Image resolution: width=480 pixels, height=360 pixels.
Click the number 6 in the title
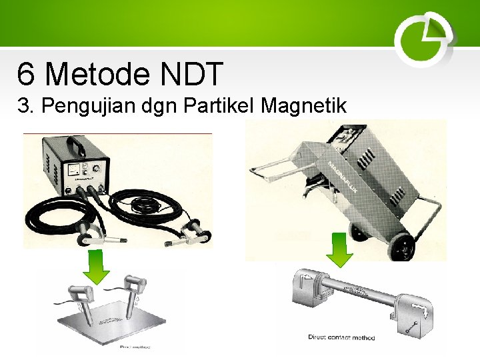pyautogui.click(x=26, y=74)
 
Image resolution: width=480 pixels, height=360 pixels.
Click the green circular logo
pyautogui.click(x=424, y=39)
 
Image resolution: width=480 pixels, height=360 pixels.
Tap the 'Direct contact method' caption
pyautogui.click(x=341, y=337)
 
